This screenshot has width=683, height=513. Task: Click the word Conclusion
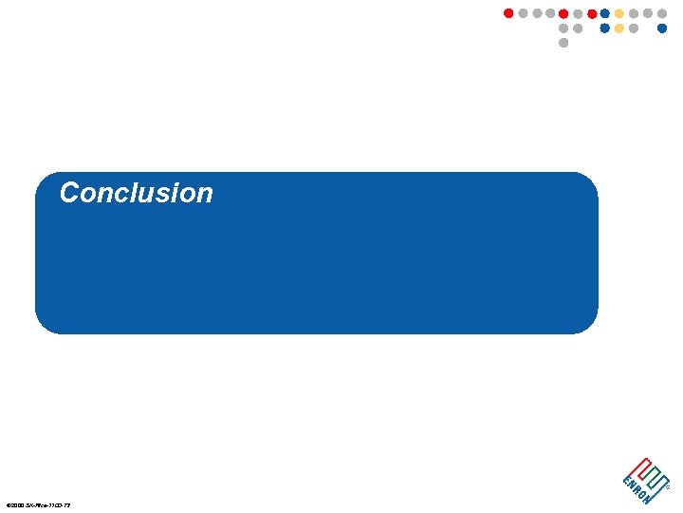136,193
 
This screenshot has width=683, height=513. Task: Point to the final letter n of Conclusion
205,196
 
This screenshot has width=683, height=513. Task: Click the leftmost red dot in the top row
508,13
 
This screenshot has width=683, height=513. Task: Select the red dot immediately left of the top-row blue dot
592,13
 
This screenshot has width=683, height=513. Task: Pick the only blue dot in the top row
605,13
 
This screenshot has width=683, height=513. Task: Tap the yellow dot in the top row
619,13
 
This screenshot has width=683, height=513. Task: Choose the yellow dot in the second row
619,28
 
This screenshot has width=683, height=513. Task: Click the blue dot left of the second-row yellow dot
605,28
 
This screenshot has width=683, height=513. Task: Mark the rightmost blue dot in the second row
662,28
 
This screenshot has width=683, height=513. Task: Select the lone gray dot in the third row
563,43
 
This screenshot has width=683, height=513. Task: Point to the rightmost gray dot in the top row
662,13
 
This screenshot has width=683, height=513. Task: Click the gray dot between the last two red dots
578,13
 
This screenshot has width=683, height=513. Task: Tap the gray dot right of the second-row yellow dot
634,28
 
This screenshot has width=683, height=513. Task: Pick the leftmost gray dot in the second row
563,28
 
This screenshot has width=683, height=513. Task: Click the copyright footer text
38,504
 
